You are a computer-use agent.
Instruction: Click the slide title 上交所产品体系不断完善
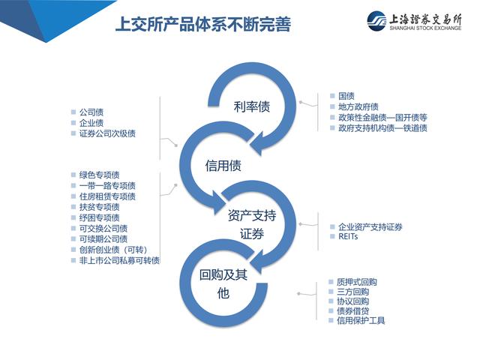pos(202,25)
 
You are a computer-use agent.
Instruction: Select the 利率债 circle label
pos(251,106)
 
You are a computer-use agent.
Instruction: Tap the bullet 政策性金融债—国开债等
pos(382,117)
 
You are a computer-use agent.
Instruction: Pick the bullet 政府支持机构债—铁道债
pos(382,127)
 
